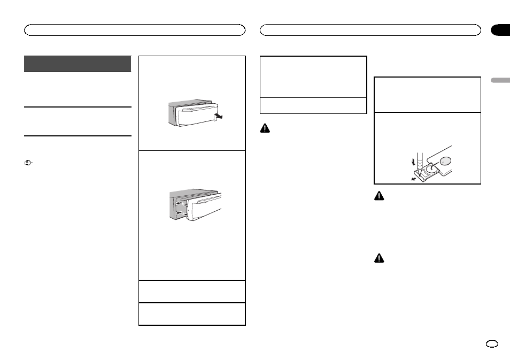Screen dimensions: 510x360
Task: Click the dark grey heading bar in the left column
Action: (78, 64)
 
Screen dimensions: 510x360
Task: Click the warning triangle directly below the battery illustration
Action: (378, 197)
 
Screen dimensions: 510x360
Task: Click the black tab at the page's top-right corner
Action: (500, 30)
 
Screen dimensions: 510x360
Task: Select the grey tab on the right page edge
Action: (500, 80)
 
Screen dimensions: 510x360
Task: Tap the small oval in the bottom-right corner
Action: (492, 344)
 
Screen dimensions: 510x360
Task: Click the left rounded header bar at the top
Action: (135, 30)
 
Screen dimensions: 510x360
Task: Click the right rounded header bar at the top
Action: (370, 30)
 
